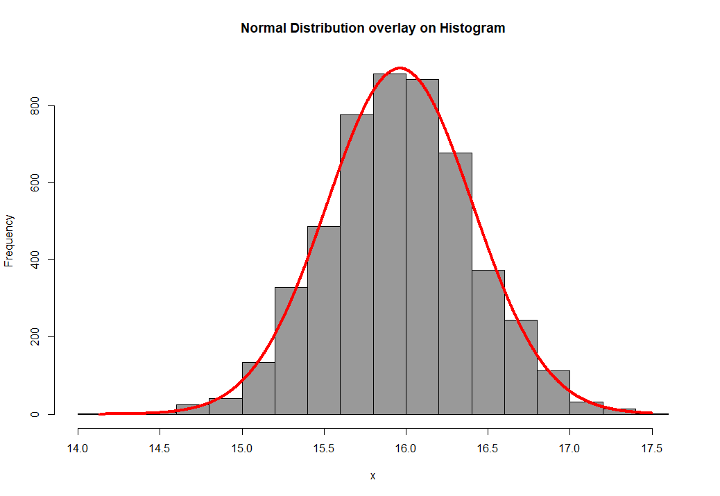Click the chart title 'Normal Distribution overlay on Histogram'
(x=372, y=28)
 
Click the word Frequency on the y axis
(x=10, y=241)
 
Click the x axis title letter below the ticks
(x=372, y=476)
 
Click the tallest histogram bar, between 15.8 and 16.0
(x=389, y=243)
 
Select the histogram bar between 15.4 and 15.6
(x=324, y=320)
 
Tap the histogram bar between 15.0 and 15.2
(x=259, y=388)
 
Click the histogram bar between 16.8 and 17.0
(x=553, y=393)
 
